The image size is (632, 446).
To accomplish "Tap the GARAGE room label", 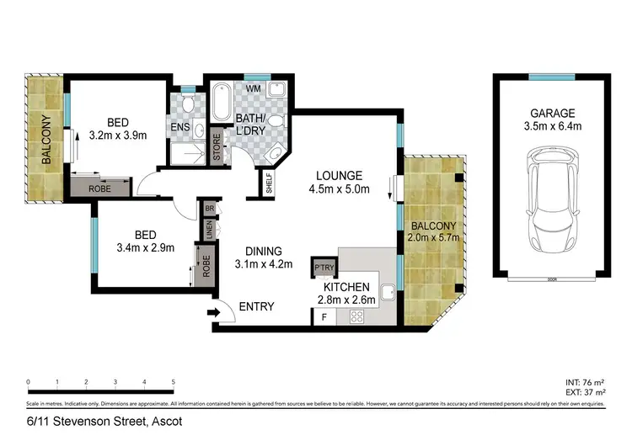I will coord(552,113).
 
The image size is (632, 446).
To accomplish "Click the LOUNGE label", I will coord(339,176).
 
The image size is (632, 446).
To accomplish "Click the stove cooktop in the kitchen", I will coord(356,317).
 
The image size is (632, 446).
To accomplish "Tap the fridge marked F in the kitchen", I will coord(324,317).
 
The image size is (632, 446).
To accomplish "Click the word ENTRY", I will coord(256,307).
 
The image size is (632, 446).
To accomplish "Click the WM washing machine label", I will coord(253,88).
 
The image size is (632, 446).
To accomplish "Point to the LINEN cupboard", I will coord(207,230).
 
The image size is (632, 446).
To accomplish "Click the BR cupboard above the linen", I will coord(207,208).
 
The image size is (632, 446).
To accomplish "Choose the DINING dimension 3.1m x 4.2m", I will coord(264,265).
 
